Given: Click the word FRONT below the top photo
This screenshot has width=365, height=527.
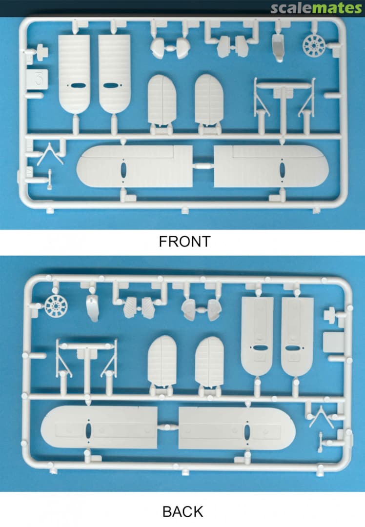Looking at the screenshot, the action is click(184, 242).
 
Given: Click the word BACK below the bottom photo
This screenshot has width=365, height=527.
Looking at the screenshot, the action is click(183, 511).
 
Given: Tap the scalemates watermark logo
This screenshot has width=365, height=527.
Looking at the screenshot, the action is click(316, 8).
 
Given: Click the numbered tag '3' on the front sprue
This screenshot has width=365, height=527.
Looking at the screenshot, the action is click(37, 80).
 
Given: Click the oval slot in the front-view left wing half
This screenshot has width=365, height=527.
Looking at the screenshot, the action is click(123, 170).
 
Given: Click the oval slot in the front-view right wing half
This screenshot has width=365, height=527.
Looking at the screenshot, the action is click(282, 170).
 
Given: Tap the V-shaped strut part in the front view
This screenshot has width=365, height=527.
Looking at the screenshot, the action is click(50, 154).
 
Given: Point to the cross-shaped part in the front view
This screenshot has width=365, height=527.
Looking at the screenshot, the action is click(41, 52).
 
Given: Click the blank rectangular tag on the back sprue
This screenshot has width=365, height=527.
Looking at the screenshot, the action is click(333, 343).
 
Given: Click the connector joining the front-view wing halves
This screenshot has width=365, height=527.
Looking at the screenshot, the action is click(203, 166).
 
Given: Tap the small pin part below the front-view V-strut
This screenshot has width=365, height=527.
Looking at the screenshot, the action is click(49, 179).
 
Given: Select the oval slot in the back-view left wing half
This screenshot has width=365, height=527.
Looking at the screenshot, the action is click(88, 431).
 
